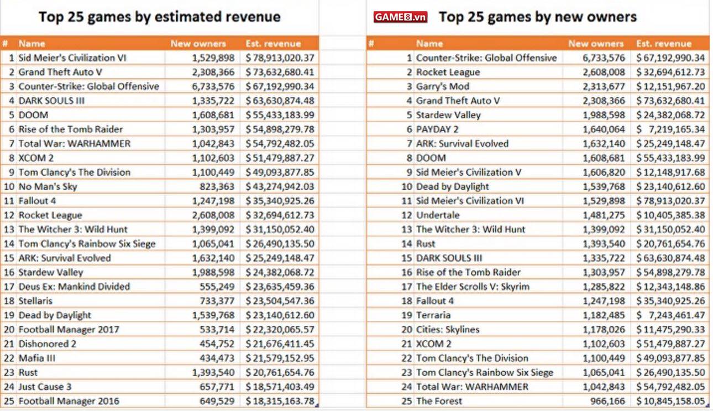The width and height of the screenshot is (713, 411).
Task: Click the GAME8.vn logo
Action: pos(400,17)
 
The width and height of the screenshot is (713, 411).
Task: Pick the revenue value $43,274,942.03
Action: pos(280,186)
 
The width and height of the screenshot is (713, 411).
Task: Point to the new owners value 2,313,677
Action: pos(604,86)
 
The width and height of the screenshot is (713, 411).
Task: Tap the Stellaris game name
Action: pos(35,301)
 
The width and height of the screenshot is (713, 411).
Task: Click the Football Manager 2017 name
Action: pos(69,330)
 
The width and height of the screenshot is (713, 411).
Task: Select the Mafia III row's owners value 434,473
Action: pos(217,358)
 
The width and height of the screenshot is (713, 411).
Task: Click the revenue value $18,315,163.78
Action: pos(280,401)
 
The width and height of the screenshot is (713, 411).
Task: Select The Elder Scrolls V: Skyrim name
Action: pos(473,287)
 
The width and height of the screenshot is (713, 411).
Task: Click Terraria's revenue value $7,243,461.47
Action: pos(670,315)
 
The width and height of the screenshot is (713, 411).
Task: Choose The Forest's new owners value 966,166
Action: pos(607,401)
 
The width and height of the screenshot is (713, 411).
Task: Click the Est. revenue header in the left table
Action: pos(273,44)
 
